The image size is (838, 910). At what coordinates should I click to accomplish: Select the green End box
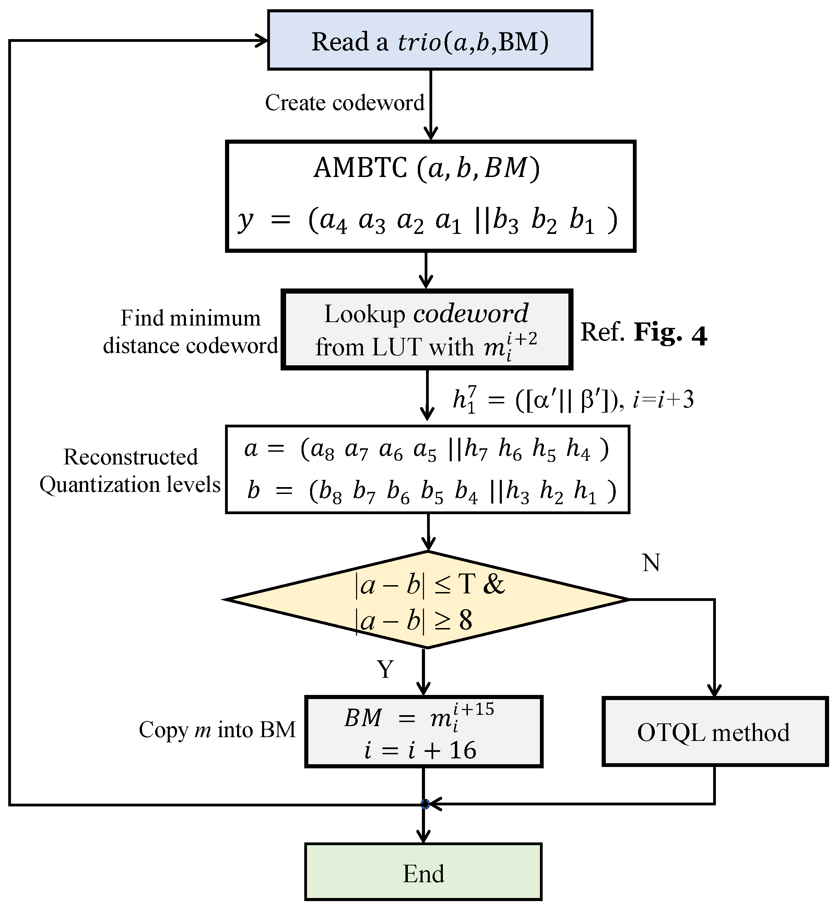423,873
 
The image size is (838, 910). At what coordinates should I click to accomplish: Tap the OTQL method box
715,732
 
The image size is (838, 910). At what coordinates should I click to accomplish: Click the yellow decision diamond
426,600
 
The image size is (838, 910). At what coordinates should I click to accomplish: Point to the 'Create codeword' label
345,103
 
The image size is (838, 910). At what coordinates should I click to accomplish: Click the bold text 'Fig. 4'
670,332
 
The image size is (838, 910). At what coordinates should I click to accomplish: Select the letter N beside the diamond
651,563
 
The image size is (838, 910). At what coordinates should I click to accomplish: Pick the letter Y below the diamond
386,669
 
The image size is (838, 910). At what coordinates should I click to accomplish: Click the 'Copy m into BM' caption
217,730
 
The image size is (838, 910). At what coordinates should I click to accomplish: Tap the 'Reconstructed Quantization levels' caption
130,471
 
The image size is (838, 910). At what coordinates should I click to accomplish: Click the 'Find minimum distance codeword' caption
190,332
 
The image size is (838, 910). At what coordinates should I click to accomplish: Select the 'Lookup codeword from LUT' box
426,330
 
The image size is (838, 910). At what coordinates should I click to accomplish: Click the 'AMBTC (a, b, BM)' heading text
426,168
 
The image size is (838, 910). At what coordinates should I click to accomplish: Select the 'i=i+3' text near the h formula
663,400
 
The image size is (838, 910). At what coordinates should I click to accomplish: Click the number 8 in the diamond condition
465,620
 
